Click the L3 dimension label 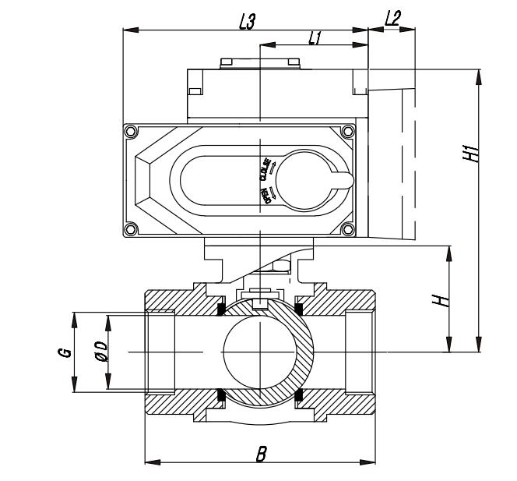tap(247, 21)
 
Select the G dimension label tap(65, 352)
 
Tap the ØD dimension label tap(100, 352)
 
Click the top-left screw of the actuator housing tap(131, 130)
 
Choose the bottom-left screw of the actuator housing tap(131, 228)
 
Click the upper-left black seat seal tap(222, 310)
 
